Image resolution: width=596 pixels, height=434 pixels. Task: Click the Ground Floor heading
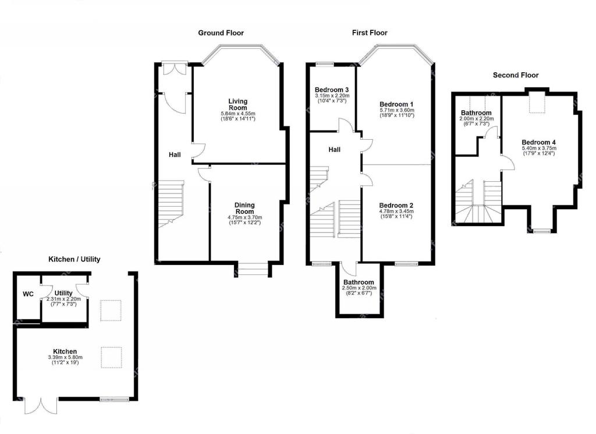(221, 33)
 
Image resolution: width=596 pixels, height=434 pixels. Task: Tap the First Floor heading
(370, 33)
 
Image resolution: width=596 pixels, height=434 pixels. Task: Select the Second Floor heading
(516, 75)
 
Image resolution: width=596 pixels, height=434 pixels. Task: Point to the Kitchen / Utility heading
(74, 259)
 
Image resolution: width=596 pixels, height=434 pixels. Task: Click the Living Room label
(238, 104)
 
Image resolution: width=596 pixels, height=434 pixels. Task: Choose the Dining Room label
(245, 209)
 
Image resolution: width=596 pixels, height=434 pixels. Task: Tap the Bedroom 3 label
(332, 90)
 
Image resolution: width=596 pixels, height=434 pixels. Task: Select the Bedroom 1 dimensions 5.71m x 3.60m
(397, 110)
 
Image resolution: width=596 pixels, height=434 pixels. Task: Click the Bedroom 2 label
(396, 206)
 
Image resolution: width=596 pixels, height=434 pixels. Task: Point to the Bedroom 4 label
(538, 143)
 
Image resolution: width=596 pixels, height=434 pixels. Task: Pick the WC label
(28, 294)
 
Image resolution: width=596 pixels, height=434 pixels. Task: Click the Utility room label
(63, 293)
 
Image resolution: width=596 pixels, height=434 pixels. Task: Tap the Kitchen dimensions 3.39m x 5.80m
(65, 358)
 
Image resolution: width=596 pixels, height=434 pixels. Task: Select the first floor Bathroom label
(359, 282)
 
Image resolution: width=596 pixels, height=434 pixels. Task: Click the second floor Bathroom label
(476, 113)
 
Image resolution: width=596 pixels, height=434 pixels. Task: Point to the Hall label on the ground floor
(175, 155)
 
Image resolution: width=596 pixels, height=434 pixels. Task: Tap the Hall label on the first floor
(335, 150)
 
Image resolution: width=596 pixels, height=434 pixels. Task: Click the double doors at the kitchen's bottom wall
(41, 406)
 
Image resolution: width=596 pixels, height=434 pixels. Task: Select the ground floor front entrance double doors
(174, 69)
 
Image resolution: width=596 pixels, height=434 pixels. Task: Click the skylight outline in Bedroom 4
(537, 103)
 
